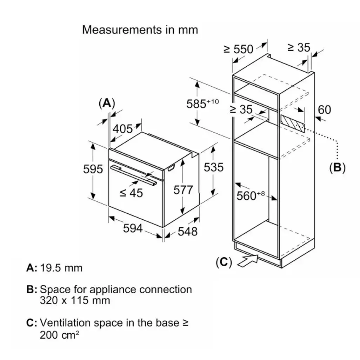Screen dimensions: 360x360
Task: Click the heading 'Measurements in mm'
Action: [140, 30]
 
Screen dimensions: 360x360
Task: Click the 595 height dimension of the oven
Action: [93, 169]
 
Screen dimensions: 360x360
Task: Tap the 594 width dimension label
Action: [133, 228]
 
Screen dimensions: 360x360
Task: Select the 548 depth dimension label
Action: [188, 231]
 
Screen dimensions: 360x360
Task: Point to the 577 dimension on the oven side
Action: [183, 190]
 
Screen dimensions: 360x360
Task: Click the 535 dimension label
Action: [214, 167]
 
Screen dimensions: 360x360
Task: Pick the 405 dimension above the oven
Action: [122, 128]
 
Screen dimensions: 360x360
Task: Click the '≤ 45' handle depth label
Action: [131, 193]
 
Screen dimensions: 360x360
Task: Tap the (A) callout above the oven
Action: [107, 103]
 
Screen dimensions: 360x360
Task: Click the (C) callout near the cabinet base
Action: [224, 262]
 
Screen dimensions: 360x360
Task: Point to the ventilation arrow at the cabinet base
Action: [248, 261]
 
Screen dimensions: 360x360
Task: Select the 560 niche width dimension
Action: [251, 196]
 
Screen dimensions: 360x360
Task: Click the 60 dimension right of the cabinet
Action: [325, 109]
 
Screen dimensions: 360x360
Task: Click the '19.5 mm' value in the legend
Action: [61, 268]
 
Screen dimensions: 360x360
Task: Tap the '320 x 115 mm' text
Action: [75, 300]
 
